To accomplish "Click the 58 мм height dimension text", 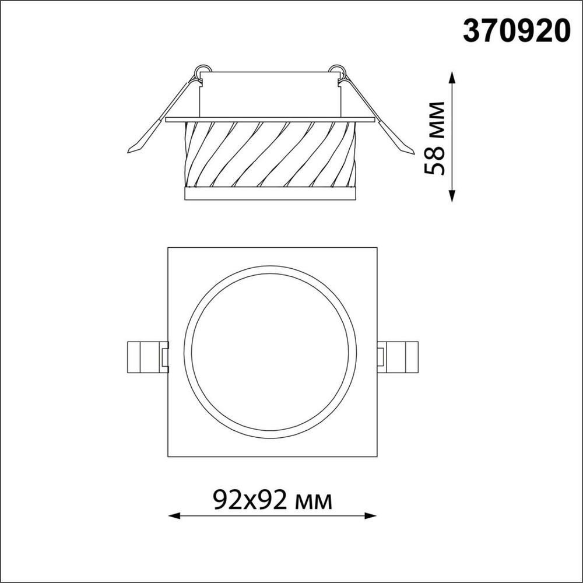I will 436,138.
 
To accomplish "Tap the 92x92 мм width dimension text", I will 272,500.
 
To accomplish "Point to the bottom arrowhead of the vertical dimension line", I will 453,198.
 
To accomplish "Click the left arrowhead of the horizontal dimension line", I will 171,515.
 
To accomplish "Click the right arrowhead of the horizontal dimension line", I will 373,515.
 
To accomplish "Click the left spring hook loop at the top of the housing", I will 201,69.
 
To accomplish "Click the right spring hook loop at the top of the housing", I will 338,69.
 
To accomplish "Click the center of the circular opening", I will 270,353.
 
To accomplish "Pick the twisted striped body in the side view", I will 269,154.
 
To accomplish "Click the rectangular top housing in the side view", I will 269,94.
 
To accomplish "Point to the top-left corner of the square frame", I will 168,248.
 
